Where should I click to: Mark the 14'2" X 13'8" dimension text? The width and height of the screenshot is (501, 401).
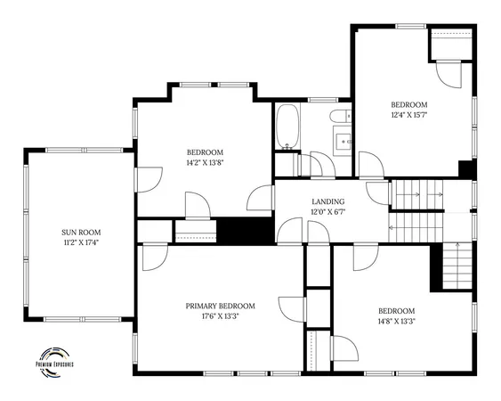coord(205,163)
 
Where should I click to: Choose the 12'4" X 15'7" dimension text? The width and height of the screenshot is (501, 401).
coord(409,114)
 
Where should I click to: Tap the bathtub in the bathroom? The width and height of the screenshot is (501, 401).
coord(287,127)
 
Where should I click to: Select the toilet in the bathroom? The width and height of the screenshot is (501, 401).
coord(340,117)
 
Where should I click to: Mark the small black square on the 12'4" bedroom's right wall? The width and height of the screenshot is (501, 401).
coord(464,168)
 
